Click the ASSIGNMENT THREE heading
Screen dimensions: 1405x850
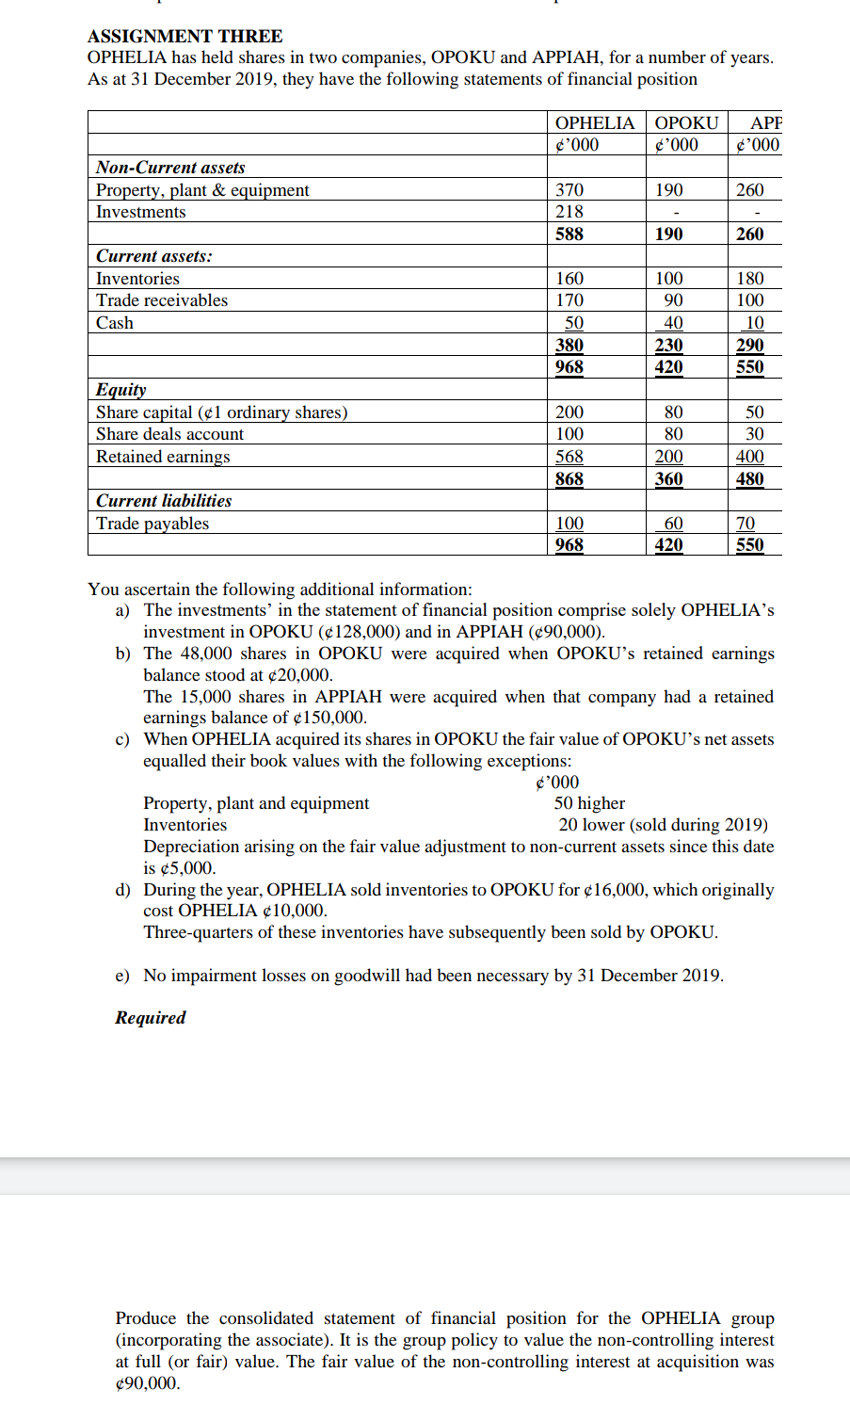(184, 36)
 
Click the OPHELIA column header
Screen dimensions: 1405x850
(594, 122)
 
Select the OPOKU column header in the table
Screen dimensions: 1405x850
(686, 122)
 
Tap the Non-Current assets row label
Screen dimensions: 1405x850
(170, 167)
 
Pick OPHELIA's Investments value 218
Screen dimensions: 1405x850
(569, 212)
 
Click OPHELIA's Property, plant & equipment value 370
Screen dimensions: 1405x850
(569, 189)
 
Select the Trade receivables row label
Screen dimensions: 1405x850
(161, 300)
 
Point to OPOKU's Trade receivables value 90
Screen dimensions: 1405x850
(673, 300)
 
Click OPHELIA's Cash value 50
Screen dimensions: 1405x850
(573, 323)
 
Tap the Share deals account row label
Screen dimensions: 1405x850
(169, 434)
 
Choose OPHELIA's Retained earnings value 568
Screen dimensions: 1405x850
(569, 457)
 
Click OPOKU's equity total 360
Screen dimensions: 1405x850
(668, 478)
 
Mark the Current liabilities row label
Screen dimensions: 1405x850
(164, 501)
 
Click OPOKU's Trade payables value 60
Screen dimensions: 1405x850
(673, 524)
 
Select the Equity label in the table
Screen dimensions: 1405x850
(120, 390)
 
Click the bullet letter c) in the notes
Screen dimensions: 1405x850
(122, 739)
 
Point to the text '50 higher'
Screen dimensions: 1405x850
(589, 803)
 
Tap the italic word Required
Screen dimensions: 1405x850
(151, 1018)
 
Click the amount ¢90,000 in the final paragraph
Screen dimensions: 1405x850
(148, 1383)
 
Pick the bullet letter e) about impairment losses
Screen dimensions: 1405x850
(122, 976)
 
